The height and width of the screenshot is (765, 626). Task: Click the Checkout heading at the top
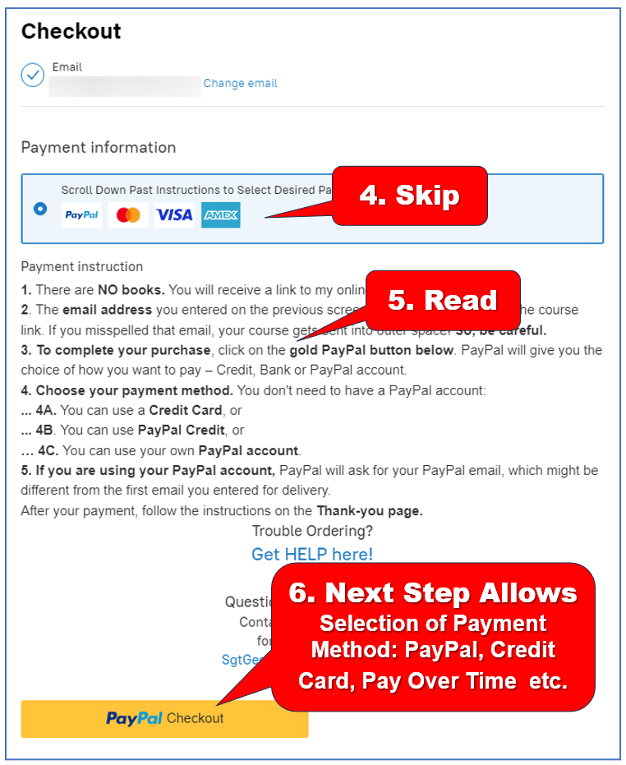pos(71,31)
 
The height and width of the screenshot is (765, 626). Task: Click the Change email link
pos(240,83)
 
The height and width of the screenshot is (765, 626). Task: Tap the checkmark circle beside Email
pos(33,75)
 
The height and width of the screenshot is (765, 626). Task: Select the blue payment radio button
pos(40,209)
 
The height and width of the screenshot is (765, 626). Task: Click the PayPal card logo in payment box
pos(81,215)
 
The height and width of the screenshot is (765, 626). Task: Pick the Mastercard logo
pos(128,215)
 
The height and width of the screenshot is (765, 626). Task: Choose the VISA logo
pos(174,215)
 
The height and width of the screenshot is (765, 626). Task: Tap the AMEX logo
pos(220,215)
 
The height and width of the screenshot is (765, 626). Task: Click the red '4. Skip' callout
pos(409,196)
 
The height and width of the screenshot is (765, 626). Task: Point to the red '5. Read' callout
pos(442,300)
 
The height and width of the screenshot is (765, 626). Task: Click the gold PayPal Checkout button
pos(164,718)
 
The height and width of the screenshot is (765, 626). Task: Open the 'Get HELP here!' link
pos(312,555)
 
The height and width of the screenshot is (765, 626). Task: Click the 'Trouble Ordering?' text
pos(312,531)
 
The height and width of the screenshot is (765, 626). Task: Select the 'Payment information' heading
pos(99,148)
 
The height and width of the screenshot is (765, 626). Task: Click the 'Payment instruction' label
pos(81,267)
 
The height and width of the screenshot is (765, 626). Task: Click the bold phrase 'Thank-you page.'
pos(370,511)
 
